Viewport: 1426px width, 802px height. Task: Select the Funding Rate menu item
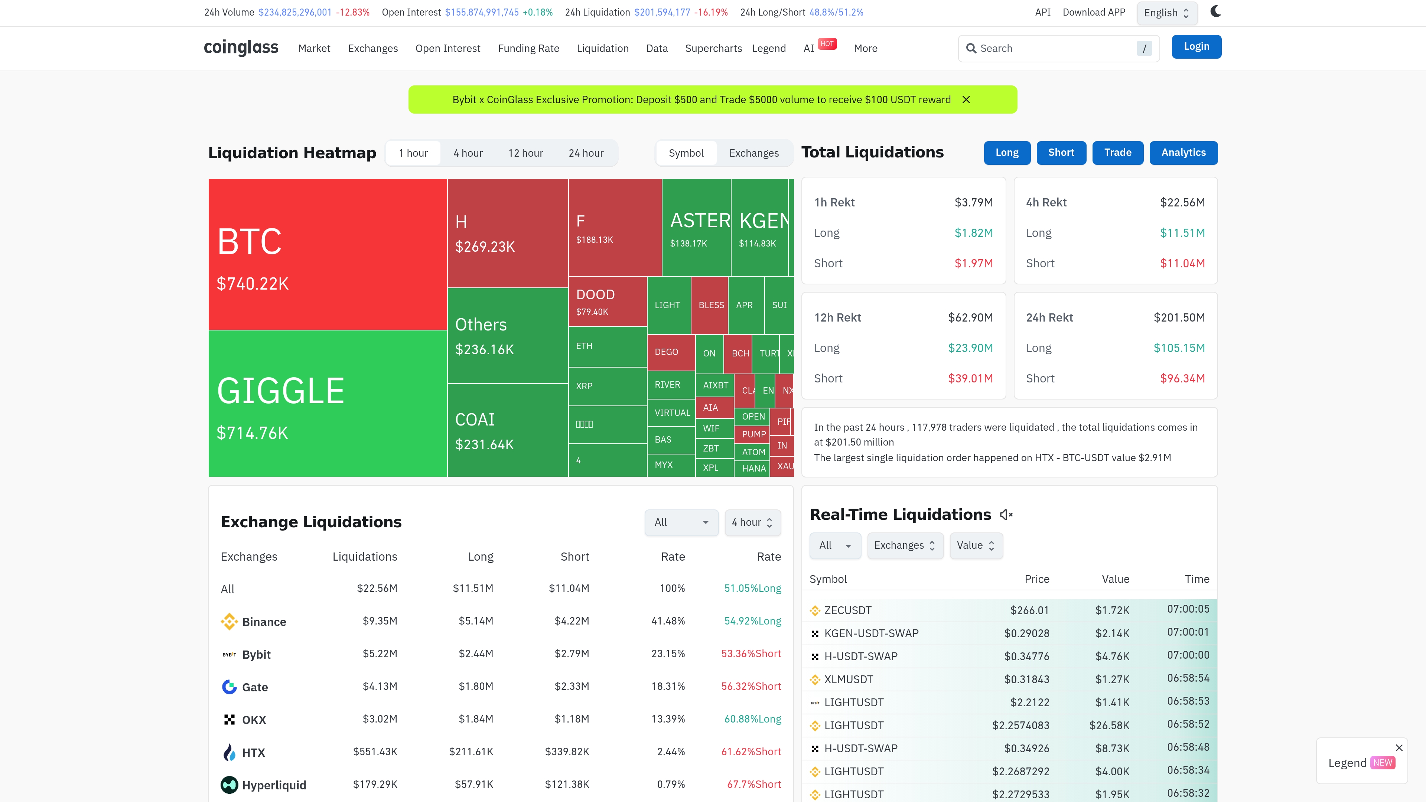click(528, 49)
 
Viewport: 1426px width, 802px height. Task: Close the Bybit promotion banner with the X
click(966, 100)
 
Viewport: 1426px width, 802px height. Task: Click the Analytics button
click(1183, 153)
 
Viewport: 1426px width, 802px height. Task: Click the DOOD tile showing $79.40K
click(607, 301)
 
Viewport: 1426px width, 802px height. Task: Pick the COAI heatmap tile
click(507, 430)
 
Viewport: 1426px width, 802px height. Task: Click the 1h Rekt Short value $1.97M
click(973, 264)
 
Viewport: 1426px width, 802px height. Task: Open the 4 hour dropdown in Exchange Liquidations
click(752, 522)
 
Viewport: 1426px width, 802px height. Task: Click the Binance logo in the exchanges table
click(229, 622)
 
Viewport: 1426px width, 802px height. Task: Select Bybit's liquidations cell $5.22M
click(380, 653)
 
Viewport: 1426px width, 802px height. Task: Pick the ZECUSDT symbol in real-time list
click(847, 610)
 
